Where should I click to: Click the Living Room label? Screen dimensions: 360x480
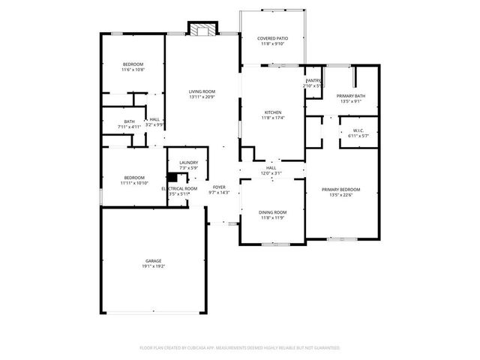(x=202, y=91)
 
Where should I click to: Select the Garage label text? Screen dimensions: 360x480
(x=153, y=260)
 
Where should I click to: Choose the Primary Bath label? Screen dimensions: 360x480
(x=350, y=96)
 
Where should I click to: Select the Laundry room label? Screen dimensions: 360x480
(x=188, y=162)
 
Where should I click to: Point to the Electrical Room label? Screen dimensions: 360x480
(x=179, y=188)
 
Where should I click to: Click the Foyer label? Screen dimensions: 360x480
(x=219, y=187)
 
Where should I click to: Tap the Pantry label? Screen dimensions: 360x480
(x=313, y=80)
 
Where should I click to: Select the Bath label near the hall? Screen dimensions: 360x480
(x=130, y=121)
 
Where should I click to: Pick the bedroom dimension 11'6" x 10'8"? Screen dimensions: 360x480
(x=133, y=70)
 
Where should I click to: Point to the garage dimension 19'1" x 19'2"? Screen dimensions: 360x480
(x=153, y=266)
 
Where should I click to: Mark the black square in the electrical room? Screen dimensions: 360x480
(x=171, y=178)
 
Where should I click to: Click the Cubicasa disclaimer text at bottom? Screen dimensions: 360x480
(x=240, y=348)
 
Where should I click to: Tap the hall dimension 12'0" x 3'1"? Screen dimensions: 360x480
(x=271, y=173)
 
